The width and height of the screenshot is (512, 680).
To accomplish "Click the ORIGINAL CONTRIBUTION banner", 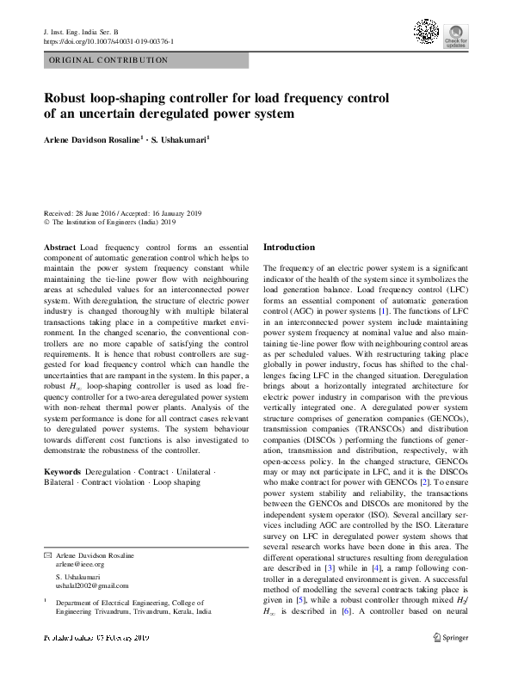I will pyautogui.click(x=108, y=60).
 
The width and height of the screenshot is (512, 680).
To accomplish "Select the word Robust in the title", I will pyautogui.click(x=71, y=98).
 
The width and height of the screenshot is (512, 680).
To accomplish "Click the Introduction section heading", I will pyautogui.click(x=288, y=247).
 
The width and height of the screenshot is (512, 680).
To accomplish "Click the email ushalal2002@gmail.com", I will pyautogui.click(x=91, y=585).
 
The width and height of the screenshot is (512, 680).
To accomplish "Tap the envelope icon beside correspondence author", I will pyautogui.click(x=48, y=556).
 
